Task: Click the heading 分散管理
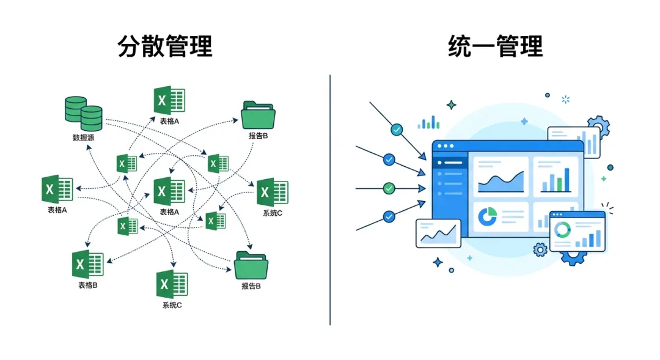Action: click(165, 46)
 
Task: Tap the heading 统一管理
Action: click(496, 46)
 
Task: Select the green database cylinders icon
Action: click(83, 114)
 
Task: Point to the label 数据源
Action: click(83, 138)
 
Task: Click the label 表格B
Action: click(87, 285)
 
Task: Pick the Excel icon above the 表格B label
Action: click(87, 264)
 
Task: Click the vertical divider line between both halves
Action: click(330, 200)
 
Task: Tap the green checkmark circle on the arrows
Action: click(389, 188)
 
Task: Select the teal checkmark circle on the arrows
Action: click(397, 130)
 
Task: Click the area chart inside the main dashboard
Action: click(501, 182)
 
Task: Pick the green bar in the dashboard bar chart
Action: click(559, 185)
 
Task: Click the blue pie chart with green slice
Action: click(488, 216)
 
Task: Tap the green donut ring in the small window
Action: click(562, 229)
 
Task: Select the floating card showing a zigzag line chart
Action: click(438, 233)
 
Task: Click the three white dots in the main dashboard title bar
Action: click(446, 146)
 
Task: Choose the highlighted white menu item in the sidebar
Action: click(450, 163)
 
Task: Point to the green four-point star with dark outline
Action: click(451, 105)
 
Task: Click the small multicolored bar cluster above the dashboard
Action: click(428, 122)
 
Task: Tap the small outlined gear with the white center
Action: click(540, 250)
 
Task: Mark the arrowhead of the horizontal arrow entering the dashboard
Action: click(422, 188)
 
